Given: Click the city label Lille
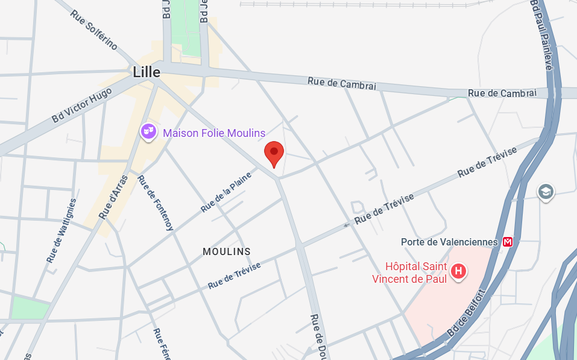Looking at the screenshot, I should pyautogui.click(x=147, y=72).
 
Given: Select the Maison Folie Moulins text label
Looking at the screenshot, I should pyautogui.click(x=214, y=133).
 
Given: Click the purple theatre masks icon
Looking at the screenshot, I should pyautogui.click(x=148, y=131).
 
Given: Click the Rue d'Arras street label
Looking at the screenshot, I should pyautogui.click(x=113, y=197).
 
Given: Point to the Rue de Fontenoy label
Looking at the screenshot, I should pyautogui.click(x=156, y=203).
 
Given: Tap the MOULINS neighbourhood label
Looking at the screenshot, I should pyautogui.click(x=227, y=251).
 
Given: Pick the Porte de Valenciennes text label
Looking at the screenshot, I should pyautogui.click(x=449, y=242).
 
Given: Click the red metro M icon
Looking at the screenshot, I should pyautogui.click(x=508, y=242).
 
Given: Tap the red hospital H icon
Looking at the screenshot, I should pyautogui.click(x=459, y=271).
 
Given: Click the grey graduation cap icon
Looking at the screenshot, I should pyautogui.click(x=546, y=192).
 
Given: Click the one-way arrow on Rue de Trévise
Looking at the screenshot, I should pyautogui.click(x=347, y=225).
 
